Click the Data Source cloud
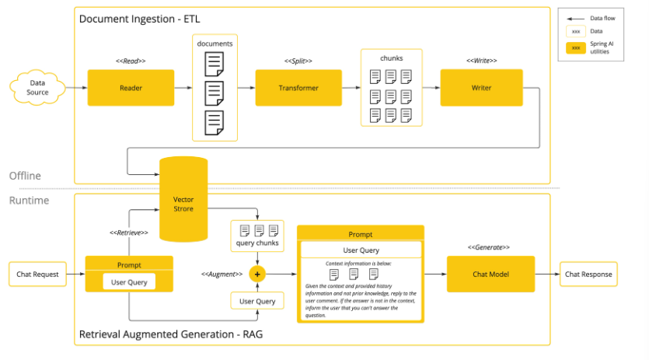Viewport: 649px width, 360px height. (37, 88)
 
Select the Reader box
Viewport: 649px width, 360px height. (131, 88)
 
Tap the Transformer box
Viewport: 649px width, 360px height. (298, 88)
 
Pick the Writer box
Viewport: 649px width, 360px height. (481, 88)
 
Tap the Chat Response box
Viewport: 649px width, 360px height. (588, 274)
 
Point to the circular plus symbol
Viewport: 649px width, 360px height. (257, 274)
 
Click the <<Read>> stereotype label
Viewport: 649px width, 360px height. (130, 61)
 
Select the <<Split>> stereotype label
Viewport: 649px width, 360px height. (298, 61)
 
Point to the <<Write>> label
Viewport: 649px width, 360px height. (481, 61)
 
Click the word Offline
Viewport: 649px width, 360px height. (26, 176)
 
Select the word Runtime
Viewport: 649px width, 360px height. (29, 201)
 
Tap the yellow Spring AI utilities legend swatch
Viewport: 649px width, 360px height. (576, 47)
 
